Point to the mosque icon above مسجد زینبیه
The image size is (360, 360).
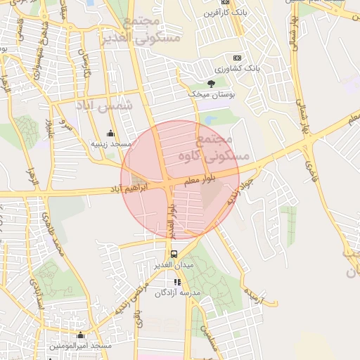[110, 133]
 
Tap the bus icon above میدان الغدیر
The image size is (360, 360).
[173, 254]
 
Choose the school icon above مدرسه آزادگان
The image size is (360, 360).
[177, 282]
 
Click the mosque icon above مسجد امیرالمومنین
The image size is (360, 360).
[80, 335]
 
